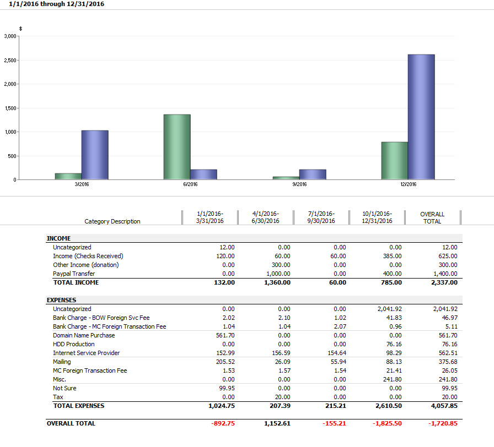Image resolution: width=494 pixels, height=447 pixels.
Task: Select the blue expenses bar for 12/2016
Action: [421, 117]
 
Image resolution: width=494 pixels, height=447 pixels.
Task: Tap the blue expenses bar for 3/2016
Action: [95, 155]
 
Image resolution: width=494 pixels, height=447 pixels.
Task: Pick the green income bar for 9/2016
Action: [286, 178]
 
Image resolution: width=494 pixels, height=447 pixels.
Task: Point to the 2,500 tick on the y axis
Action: [10, 60]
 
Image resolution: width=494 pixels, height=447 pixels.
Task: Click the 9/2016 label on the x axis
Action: [299, 184]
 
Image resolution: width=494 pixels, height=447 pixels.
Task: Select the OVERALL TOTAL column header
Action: [432, 217]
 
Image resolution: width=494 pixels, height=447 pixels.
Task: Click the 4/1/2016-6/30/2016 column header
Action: [265, 217]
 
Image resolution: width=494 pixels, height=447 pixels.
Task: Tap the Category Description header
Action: [112, 221]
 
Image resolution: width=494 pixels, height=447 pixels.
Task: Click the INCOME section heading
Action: [59, 238]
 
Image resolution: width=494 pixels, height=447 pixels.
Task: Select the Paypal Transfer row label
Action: [74, 274]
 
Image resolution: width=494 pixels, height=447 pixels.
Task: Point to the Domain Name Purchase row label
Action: [84, 335]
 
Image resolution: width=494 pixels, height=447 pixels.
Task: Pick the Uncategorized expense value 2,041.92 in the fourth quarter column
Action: [390, 309]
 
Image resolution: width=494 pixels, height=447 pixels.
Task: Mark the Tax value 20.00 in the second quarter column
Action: [283, 397]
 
